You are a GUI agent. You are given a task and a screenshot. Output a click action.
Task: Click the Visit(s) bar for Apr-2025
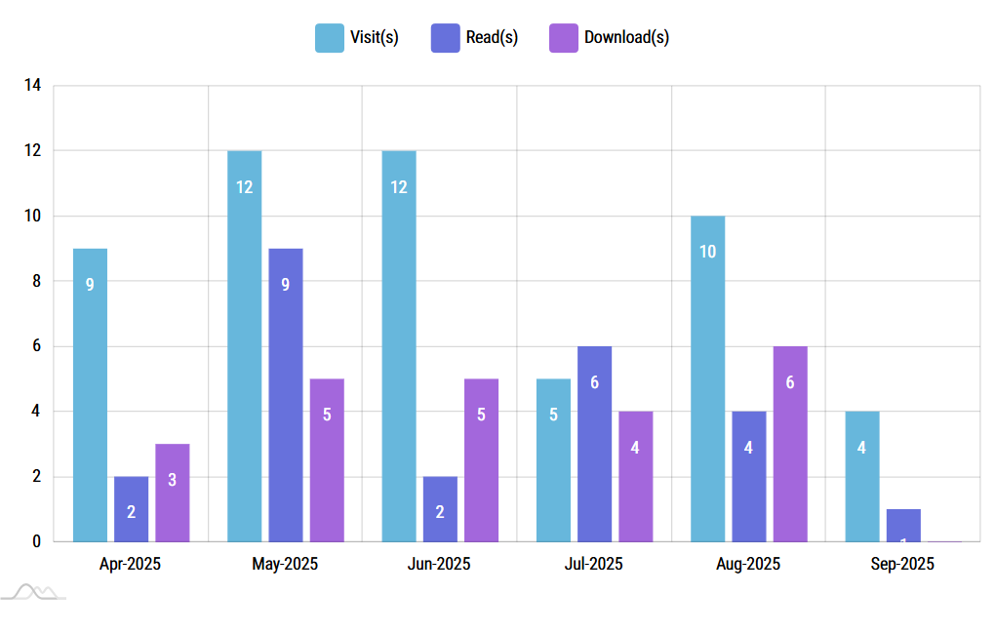pos(90,395)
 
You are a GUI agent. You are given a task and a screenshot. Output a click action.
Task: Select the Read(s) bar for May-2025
pos(286,395)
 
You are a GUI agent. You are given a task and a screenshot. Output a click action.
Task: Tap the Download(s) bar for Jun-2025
pos(481,459)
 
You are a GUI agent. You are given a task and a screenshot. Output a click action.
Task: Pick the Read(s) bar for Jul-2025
pos(594,444)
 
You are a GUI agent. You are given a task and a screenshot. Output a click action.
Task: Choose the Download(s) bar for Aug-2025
pos(790,444)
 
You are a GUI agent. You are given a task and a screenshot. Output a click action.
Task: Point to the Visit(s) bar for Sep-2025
pos(862,476)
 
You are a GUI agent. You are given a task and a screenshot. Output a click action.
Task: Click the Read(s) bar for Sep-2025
pos(903,525)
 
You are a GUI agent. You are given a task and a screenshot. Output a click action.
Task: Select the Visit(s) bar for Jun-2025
pos(399,346)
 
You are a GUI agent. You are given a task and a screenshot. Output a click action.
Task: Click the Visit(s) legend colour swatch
pos(329,38)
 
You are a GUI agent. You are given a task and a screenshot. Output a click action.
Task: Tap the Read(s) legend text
pos(493,38)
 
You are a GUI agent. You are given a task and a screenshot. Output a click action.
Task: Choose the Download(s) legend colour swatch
pos(563,38)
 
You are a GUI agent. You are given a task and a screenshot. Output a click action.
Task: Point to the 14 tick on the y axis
pos(33,86)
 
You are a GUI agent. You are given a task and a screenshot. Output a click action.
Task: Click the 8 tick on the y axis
pos(36,281)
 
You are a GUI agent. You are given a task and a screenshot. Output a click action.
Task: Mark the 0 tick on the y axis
pos(36,541)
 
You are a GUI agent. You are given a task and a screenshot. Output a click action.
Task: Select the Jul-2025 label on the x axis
pos(593,564)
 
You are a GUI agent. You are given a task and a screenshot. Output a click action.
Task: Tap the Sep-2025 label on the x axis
pos(902,564)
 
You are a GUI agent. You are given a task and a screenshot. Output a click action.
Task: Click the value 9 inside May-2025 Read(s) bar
pos(286,285)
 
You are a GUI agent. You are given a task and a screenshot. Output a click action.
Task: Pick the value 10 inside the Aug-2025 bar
pos(708,252)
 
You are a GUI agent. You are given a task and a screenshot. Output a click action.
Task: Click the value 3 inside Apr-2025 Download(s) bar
pos(173,480)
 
